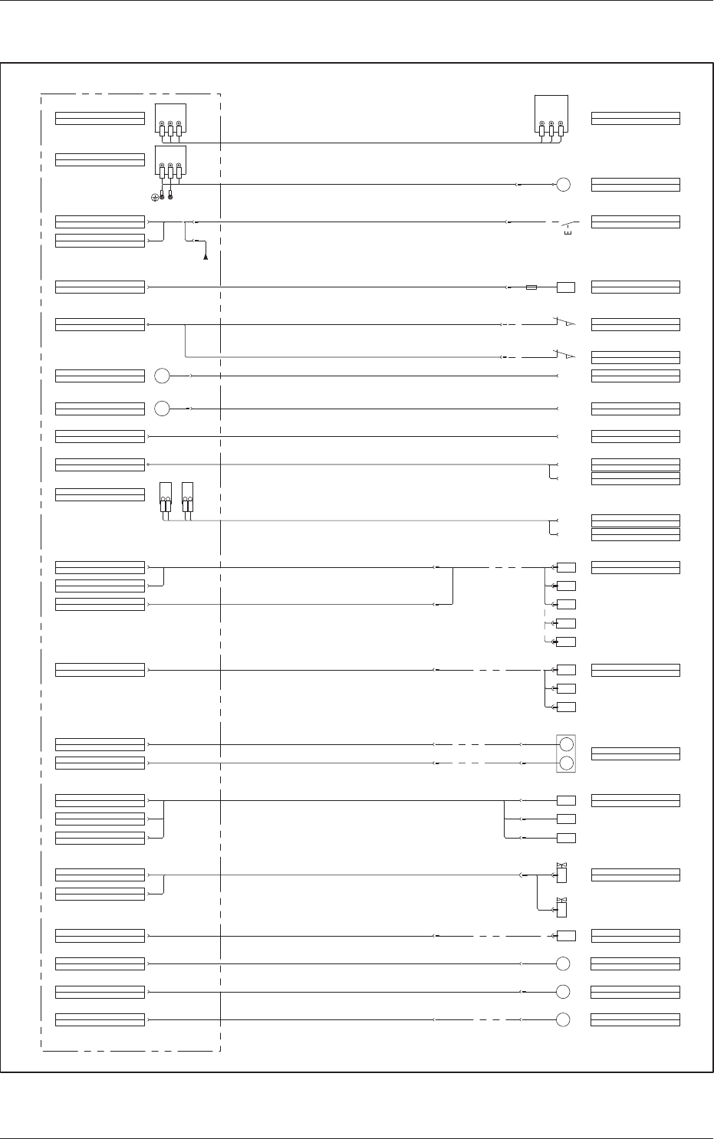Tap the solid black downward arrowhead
coord(206,257)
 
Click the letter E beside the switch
coord(567,233)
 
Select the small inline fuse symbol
coord(532,287)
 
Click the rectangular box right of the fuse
coord(566,287)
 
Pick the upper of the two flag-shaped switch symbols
coord(565,323)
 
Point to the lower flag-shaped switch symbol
coord(565,356)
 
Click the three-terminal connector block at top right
coord(551,117)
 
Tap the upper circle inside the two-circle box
coord(566,744)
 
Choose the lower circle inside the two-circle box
coord(566,763)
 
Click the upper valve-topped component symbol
coord(561,872)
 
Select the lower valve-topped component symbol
coord(561,908)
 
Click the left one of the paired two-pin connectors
coord(165,497)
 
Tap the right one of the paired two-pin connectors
coord(188,497)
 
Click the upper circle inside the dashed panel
coord(162,376)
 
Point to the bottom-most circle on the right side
coord(563,1019)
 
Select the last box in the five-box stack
coord(566,642)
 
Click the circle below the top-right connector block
coord(563,185)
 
